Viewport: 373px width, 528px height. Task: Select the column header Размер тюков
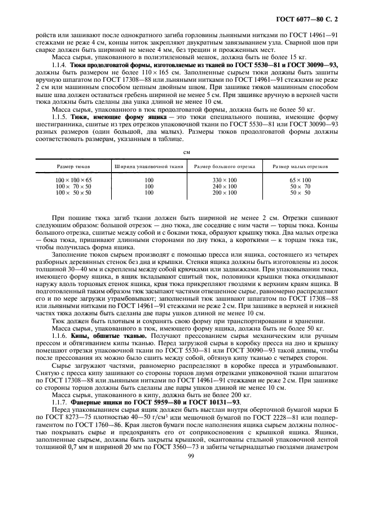pyautogui.click(x=74, y=166)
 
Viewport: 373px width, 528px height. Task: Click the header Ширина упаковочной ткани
pyautogui.click(x=149, y=166)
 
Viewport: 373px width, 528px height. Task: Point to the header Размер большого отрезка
pyautogui.click(x=225, y=166)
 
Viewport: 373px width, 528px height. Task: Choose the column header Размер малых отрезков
pyautogui.click(x=300, y=166)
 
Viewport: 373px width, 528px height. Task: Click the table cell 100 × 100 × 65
pyautogui.click(x=74, y=180)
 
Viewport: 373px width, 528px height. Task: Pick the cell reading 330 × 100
pyautogui.click(x=225, y=180)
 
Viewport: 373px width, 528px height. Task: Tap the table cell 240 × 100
pyautogui.click(x=225, y=186)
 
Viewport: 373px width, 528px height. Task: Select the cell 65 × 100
pyautogui.click(x=300, y=180)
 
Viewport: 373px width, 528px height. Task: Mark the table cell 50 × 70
pyautogui.click(x=300, y=186)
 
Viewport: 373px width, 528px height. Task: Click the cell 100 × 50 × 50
pyautogui.click(x=74, y=192)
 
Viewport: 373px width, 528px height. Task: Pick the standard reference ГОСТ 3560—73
pyautogui.click(x=199, y=465)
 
